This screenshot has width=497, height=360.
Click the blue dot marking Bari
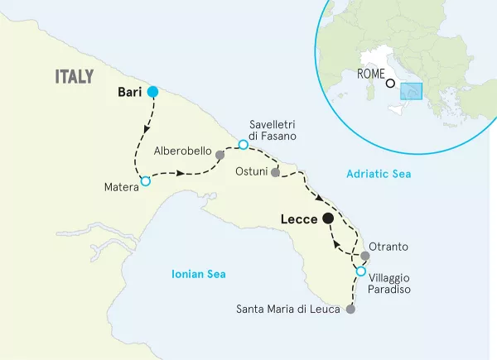[152, 93]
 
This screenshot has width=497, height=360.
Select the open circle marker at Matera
[146, 181]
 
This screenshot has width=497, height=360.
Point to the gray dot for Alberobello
[220, 155]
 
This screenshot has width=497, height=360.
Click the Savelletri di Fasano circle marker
[243, 145]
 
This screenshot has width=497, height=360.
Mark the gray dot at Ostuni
[276, 174]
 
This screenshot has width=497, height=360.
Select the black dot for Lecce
[327, 218]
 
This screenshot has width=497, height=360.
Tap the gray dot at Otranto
[365, 255]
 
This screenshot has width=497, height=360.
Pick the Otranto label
[394, 247]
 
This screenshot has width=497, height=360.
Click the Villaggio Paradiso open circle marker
[360, 271]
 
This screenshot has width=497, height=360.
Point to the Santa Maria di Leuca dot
[350, 310]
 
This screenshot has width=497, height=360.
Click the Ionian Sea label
[199, 274]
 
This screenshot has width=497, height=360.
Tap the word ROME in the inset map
[369, 73]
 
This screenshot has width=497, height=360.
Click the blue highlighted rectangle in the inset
[411, 90]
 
